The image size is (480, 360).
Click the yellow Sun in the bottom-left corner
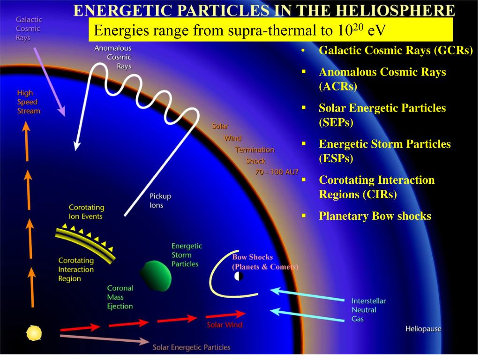34,333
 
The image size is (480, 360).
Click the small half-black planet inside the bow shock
239,276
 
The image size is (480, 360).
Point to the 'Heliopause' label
423,329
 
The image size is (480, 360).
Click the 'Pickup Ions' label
160,201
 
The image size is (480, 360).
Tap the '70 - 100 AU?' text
277,172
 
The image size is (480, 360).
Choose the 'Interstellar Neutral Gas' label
368,310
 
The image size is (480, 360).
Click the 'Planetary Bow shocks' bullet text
375,216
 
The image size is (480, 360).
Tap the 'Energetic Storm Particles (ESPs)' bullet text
384,151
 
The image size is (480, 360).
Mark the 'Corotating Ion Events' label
86,212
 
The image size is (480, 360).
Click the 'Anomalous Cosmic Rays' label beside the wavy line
113,57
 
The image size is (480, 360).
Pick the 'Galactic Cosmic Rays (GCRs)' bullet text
396,51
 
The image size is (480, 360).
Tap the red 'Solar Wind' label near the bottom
225,324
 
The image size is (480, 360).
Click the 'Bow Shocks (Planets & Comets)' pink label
265,262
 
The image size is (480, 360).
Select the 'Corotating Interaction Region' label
76,270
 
